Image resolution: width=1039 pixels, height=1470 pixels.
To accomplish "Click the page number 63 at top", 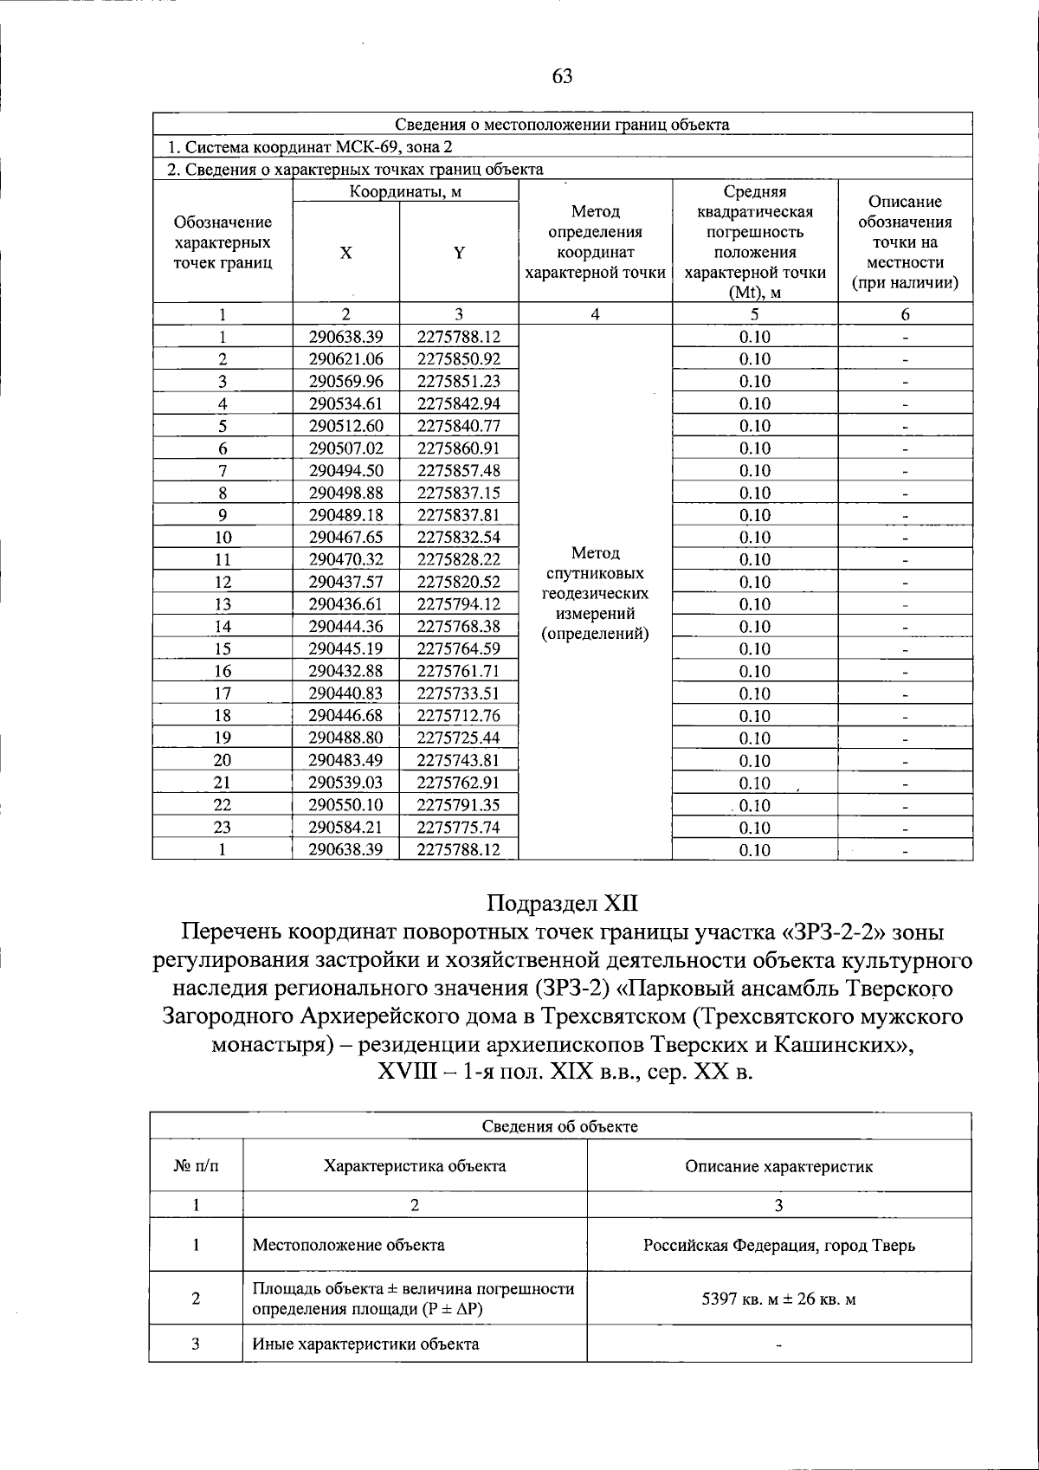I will click(562, 76).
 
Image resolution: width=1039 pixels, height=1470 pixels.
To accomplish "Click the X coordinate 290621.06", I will click(345, 358).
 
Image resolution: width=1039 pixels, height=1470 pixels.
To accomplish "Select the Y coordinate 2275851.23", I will click(459, 381).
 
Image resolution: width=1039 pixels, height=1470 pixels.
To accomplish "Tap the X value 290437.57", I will click(345, 582).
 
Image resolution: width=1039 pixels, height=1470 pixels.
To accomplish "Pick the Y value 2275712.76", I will click(459, 715).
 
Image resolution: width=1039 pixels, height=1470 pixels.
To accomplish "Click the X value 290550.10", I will click(345, 805).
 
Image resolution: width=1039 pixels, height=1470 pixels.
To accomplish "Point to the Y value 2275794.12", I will click(459, 604).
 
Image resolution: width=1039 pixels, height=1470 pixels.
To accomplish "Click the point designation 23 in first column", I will click(223, 828).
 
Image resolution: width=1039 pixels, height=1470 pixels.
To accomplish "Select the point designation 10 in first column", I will click(223, 538).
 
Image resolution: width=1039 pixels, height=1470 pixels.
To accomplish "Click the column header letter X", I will click(345, 253).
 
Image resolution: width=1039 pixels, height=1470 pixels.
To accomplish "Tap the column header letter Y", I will click(460, 253).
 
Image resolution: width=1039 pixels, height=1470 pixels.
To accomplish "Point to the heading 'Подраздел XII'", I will click(562, 904).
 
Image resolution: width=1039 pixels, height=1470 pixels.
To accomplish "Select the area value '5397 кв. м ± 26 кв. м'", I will click(778, 1299).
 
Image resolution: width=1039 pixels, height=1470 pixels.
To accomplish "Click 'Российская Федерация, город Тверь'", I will click(778, 1246).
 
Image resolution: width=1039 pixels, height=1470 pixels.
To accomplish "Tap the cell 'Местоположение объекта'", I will click(348, 1246).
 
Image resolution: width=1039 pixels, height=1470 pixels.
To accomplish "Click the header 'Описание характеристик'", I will click(778, 1166).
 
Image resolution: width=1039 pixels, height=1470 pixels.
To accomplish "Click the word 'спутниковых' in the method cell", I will click(595, 574).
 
